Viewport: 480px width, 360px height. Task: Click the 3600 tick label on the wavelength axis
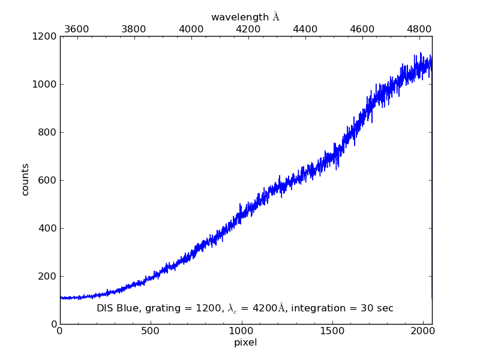click(76, 29)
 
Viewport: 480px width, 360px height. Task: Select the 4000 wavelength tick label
click(191, 29)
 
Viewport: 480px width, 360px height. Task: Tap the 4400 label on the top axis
click(305, 29)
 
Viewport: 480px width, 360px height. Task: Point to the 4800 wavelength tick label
click(419, 29)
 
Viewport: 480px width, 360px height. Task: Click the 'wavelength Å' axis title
click(245, 17)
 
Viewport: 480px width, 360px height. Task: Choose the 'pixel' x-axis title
click(245, 343)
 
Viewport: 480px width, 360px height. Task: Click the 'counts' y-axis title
click(25, 179)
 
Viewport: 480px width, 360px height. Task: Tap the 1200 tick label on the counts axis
click(46, 37)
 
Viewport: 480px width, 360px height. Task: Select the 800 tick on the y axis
click(48, 132)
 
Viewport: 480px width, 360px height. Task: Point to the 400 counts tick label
click(48, 228)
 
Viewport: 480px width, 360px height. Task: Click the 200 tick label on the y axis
click(48, 276)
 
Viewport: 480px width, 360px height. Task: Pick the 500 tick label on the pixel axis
click(151, 331)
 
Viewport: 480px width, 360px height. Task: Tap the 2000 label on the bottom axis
click(423, 331)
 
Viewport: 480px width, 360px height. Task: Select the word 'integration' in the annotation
click(329, 308)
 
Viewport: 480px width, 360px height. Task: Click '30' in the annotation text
click(370, 308)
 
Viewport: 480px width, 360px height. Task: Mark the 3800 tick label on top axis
click(133, 29)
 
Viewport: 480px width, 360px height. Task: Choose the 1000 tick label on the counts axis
click(46, 84)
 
